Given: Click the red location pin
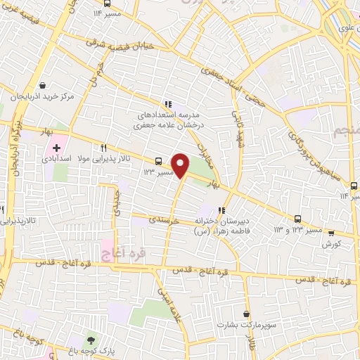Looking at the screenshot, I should pos(181,164).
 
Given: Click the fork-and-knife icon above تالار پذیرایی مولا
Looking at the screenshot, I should pos(103,148).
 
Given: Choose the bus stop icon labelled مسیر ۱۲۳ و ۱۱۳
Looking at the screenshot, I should pos(298,219).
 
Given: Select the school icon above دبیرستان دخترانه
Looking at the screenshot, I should pos(222,210).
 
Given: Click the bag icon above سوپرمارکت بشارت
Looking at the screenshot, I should pos(245,314).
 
